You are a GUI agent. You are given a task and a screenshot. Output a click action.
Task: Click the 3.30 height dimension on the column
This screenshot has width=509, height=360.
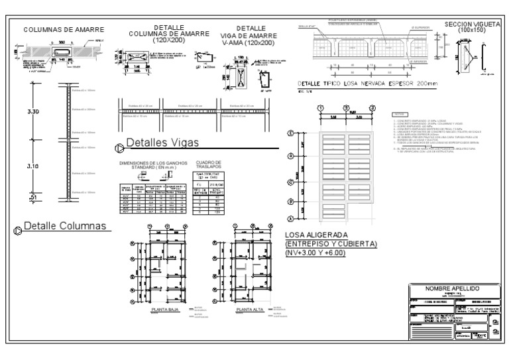pyautogui.click(x=32, y=113)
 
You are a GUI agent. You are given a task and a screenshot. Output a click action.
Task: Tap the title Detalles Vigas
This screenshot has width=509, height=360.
pyautogui.click(x=162, y=143)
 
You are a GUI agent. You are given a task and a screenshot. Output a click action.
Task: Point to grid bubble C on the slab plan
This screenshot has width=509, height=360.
pyautogui.click(x=290, y=181)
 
